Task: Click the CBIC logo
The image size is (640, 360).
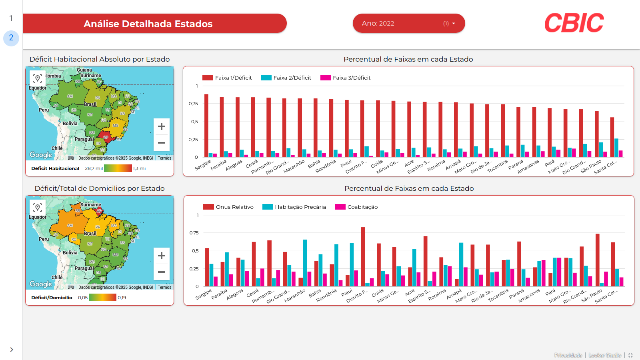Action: [x=574, y=23]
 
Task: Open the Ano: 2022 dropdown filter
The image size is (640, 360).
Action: [x=408, y=23]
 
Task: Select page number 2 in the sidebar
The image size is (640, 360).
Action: [x=11, y=38]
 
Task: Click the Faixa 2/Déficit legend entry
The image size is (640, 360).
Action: [x=286, y=78]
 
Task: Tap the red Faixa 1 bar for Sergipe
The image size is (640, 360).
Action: [x=206, y=126]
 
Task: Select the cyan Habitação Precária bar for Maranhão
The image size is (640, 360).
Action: [x=305, y=263]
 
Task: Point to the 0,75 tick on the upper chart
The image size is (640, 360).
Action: [x=193, y=104]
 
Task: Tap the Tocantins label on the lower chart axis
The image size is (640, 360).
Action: [x=498, y=296]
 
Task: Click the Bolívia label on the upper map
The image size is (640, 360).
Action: [x=70, y=124]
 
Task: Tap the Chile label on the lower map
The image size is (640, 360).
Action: [x=57, y=277]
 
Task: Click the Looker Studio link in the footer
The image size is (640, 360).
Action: [x=605, y=355]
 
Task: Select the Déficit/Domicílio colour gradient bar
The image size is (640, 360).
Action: [x=102, y=298]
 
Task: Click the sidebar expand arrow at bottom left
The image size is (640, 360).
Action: [x=12, y=350]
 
